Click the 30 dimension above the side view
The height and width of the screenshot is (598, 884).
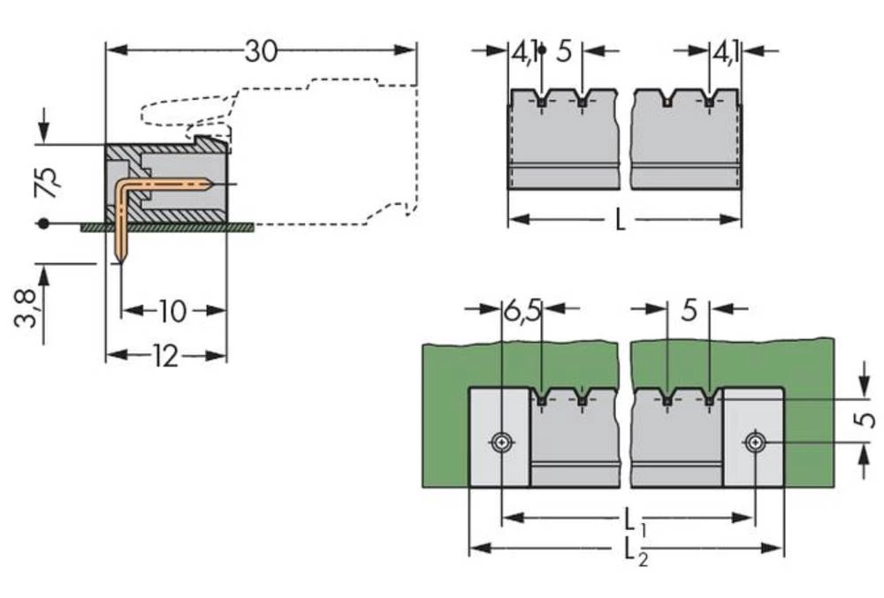pos(261,52)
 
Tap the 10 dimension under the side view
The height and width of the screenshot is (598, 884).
pos(172,311)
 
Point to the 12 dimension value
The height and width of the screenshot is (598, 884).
pos(164,356)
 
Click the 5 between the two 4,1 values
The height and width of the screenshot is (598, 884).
pos(564,52)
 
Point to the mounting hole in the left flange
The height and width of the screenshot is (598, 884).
pos(502,442)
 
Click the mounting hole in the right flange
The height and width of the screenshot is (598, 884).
pos(753,442)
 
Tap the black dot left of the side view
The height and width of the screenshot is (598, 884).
pos(42,224)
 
